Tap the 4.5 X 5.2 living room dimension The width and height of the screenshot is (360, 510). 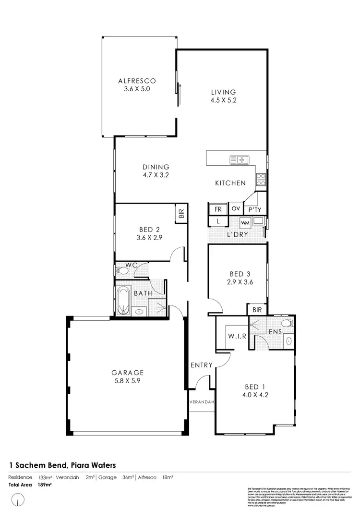[224, 100]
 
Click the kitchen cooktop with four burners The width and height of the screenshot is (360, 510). [261, 180]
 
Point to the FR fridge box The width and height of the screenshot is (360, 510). [217, 209]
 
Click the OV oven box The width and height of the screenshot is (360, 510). [235, 208]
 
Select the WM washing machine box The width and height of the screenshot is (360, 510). [245, 223]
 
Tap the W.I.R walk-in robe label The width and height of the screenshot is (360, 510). [238, 336]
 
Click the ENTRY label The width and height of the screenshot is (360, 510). [201, 365]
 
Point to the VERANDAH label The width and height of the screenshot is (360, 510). [201, 402]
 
